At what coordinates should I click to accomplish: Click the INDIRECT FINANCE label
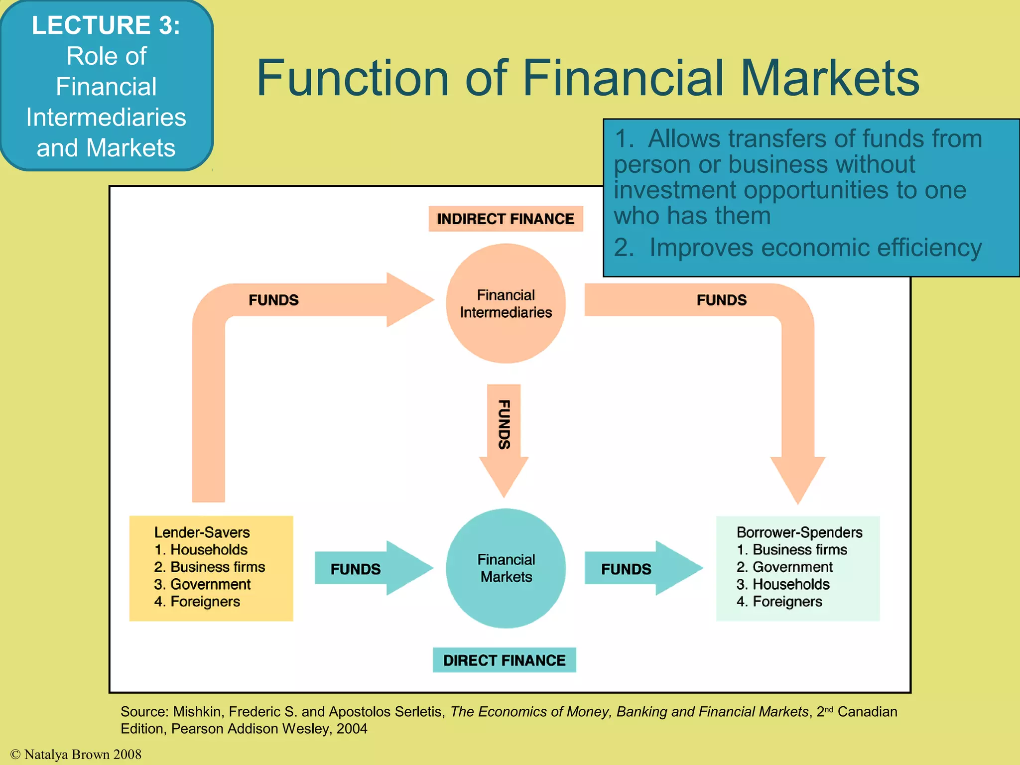(505, 219)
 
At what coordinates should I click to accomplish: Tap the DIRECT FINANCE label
(504, 660)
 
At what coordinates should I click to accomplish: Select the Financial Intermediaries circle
(506, 303)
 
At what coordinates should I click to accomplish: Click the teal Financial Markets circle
(506, 568)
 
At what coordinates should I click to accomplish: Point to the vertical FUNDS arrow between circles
(504, 433)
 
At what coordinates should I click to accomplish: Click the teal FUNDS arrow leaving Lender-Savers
(369, 568)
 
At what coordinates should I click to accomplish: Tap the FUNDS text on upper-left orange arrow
(273, 300)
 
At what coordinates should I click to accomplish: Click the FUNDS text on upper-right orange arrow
(721, 300)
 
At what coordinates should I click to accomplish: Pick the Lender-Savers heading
(202, 532)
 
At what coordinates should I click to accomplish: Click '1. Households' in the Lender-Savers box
(201, 550)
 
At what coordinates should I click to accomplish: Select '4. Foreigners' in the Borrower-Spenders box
(779, 602)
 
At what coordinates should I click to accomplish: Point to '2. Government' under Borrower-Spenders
(784, 567)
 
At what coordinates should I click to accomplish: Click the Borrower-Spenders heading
(799, 532)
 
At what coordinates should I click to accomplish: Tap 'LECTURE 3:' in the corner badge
(106, 25)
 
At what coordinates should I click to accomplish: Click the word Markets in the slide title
(829, 78)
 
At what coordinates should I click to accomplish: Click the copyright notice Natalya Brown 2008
(76, 755)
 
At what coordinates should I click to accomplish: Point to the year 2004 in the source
(352, 729)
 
